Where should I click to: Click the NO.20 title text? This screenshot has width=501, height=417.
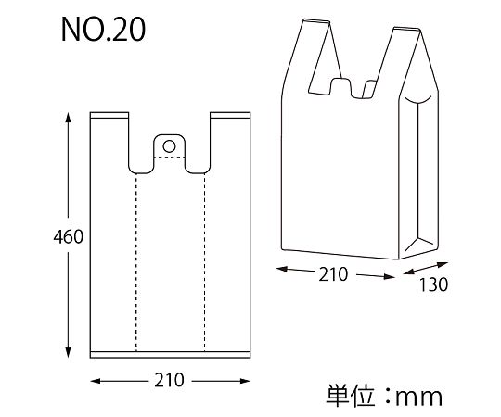(x=102, y=30)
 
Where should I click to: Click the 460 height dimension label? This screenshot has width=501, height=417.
(x=42, y=237)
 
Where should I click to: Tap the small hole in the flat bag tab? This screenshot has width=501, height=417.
(x=169, y=145)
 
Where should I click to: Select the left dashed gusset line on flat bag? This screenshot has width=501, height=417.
(x=136, y=259)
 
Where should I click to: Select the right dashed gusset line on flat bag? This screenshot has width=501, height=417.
(x=204, y=259)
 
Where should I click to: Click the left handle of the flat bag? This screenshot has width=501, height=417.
(x=109, y=139)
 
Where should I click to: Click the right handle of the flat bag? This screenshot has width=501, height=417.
(x=231, y=139)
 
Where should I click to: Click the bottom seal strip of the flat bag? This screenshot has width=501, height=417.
(x=171, y=354)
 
